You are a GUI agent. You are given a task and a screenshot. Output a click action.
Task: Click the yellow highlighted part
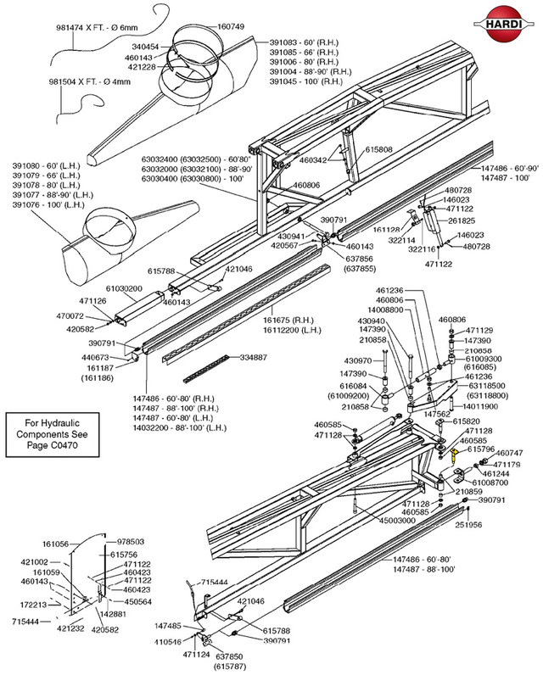(456, 459)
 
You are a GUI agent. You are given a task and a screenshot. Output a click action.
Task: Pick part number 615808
(378, 149)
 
